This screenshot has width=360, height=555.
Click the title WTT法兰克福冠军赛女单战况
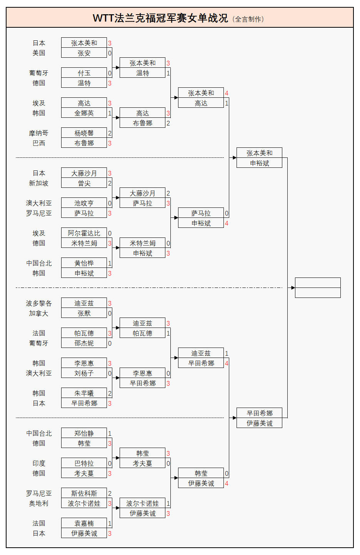[x=160, y=18]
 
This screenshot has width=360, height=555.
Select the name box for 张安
[x=84, y=53]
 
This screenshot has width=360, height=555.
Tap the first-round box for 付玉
[x=84, y=73]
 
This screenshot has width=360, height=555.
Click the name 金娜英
[x=84, y=113]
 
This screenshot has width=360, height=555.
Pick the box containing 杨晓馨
[x=84, y=133]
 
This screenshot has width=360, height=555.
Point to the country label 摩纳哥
[x=38, y=133]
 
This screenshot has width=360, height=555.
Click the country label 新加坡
[x=38, y=183]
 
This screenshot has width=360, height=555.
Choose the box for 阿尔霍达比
[x=84, y=233]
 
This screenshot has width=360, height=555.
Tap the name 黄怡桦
[x=84, y=263]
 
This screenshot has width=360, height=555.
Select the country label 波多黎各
[x=38, y=303]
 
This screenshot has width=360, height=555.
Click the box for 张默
[x=84, y=313]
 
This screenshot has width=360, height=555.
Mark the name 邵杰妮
[x=84, y=343]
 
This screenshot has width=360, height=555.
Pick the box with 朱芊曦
[x=84, y=393]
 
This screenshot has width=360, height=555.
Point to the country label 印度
[x=38, y=463]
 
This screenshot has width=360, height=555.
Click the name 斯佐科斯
[x=84, y=493]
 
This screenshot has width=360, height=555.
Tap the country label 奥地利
[x=38, y=503]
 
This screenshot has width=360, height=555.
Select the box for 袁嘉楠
[x=84, y=523]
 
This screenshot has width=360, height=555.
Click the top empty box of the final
[x=318, y=283]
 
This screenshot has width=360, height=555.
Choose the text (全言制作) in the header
[x=248, y=19]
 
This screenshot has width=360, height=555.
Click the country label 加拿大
[x=38, y=313]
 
